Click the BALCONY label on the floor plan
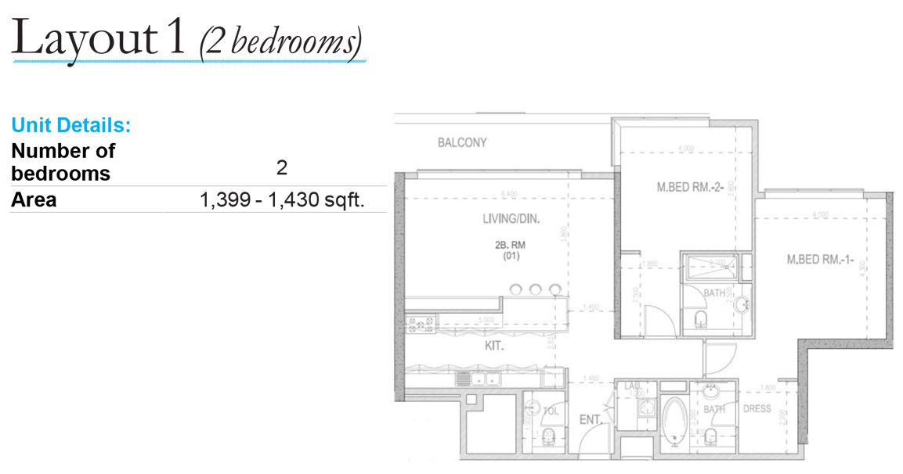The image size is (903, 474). pyautogui.click(x=462, y=142)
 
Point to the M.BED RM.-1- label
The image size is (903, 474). pyautogui.click(x=819, y=260)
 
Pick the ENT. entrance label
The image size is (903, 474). pyautogui.click(x=590, y=420)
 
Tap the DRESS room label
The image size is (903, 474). pyautogui.click(x=757, y=408)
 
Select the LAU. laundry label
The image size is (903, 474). pyautogui.click(x=632, y=386)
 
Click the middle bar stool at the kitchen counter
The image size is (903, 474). pyautogui.click(x=536, y=289)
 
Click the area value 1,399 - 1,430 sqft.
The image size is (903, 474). pyautogui.click(x=283, y=200)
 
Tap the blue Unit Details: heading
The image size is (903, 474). pyautogui.click(x=70, y=124)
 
